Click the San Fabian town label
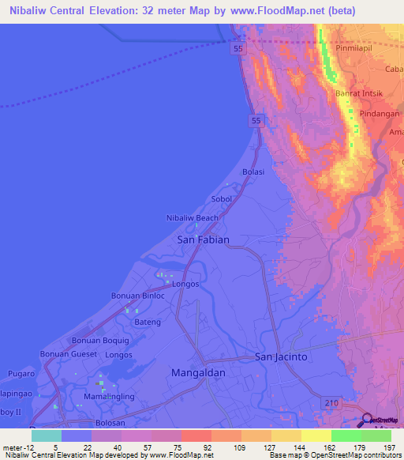203,239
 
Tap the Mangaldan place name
199,371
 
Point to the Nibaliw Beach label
192,218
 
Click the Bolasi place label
252,172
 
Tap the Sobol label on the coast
221,199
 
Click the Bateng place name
147,322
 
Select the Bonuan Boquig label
99,341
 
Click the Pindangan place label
378,113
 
